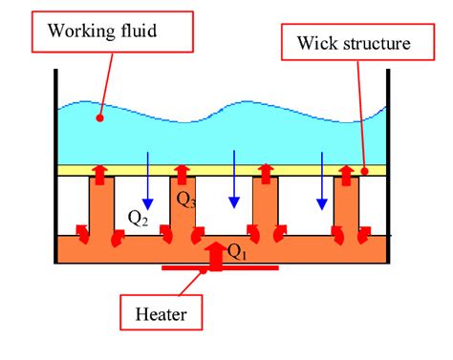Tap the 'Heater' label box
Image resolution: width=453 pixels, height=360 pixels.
[160, 312]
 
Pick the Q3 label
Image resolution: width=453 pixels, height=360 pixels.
[186, 201]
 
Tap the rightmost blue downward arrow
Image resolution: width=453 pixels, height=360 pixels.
[323, 181]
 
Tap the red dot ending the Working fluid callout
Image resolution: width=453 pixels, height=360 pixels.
[99, 119]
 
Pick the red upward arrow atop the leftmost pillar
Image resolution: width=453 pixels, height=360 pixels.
[99, 172]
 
